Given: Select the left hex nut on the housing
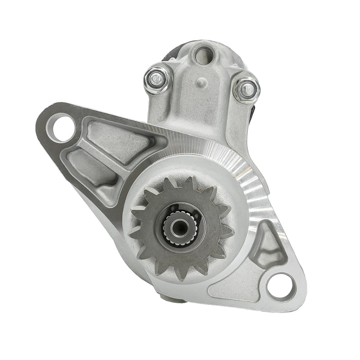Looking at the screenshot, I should coord(157,80).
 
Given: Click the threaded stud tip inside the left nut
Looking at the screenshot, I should coord(155,79).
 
